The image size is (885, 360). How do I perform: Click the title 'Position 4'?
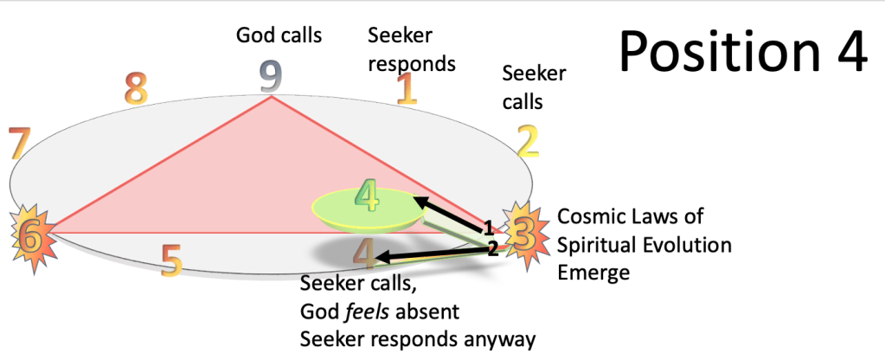pos(743,50)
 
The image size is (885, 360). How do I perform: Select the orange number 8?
pos(136,88)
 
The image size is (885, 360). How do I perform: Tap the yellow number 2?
pos(529,141)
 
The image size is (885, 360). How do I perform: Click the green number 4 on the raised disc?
pos(368,198)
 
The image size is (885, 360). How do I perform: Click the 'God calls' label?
pos(279,35)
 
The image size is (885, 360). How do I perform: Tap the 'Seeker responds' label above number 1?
pos(411,49)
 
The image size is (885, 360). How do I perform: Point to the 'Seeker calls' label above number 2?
pos(534,87)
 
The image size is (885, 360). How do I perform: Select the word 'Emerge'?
pos(593,272)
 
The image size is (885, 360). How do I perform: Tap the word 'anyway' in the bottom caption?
pos(503,339)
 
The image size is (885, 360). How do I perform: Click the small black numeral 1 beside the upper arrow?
pos(488,228)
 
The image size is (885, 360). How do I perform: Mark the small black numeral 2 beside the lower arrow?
pos(492,249)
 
